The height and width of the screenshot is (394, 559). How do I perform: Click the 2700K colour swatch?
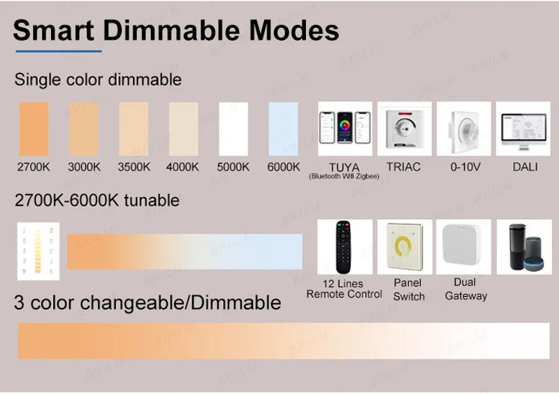33,129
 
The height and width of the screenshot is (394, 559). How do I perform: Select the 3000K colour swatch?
84,129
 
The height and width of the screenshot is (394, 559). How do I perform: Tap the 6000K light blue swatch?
284,129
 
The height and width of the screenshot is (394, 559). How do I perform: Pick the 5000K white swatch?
233,129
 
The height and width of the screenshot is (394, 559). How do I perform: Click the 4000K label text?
182,167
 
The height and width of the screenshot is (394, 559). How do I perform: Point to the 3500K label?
133,167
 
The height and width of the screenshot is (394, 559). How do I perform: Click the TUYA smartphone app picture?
344,129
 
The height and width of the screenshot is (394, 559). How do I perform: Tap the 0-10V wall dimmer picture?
464,129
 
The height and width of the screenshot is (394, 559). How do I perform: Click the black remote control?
344,247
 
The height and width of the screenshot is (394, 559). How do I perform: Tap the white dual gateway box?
464,247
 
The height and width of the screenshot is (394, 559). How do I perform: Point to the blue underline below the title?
59,51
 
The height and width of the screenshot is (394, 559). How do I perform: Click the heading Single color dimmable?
98,80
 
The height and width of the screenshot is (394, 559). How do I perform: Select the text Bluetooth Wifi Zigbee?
344,177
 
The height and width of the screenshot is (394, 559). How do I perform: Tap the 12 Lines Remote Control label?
344,289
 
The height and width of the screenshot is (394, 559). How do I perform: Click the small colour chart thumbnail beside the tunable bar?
38,251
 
